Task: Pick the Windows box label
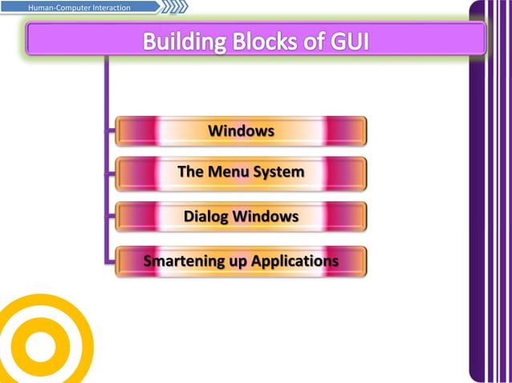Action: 241,131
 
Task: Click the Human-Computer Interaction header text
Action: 79,8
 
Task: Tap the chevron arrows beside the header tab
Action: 174,8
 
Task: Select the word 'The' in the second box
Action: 190,172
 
